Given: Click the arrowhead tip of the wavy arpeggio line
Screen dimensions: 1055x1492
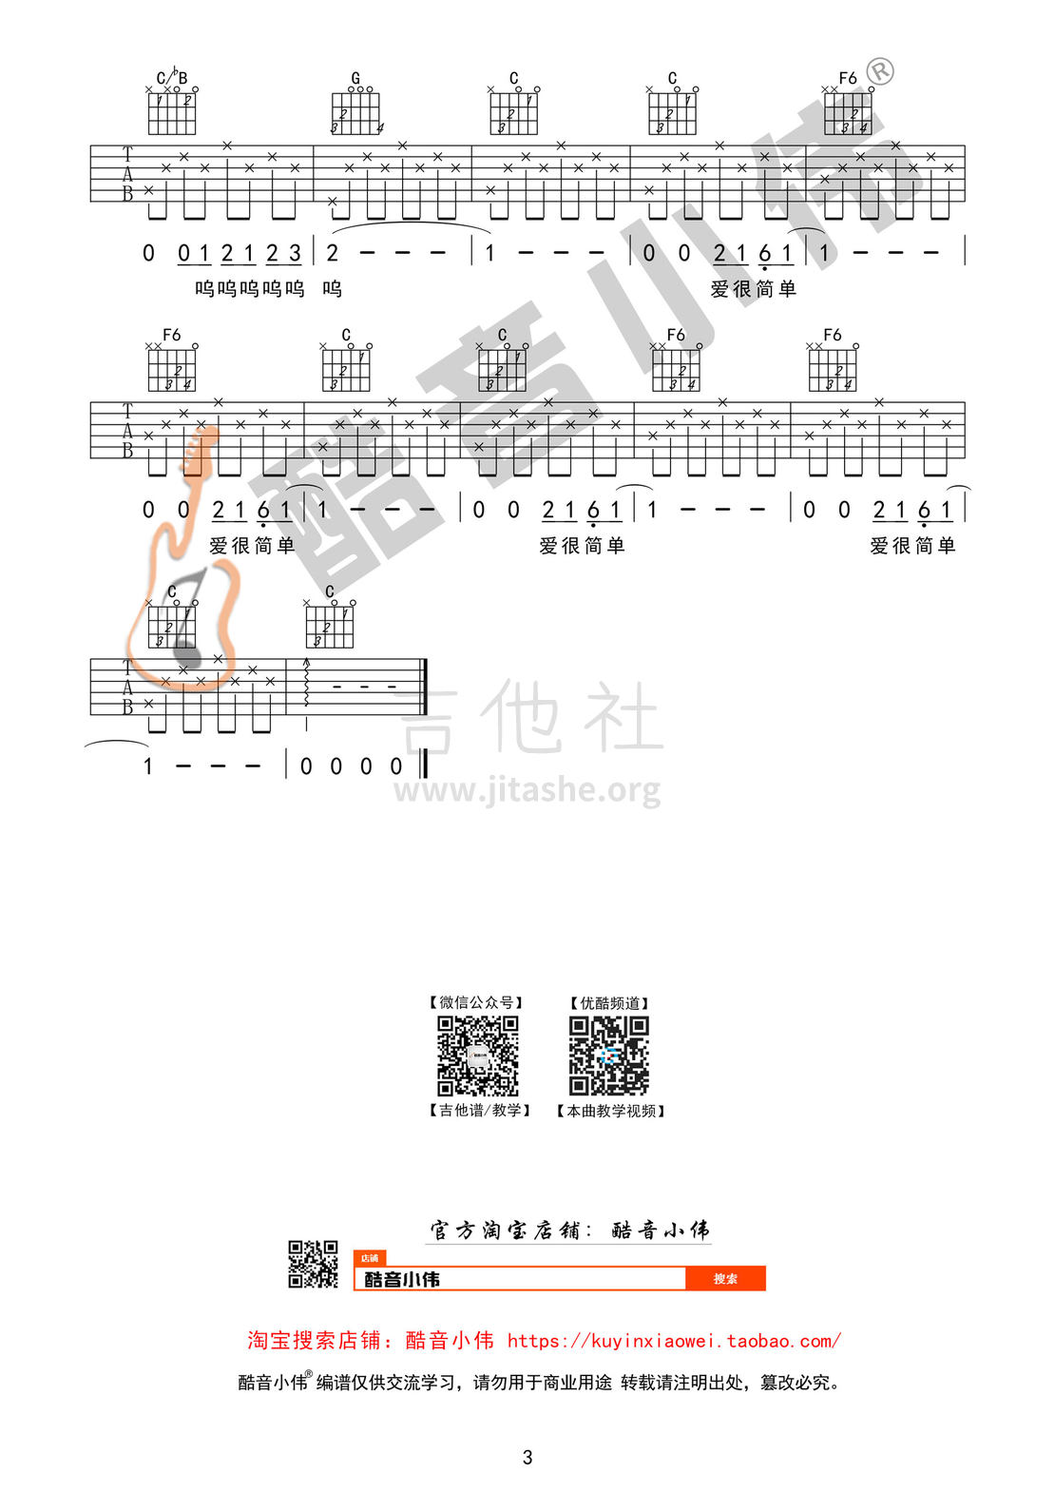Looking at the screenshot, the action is [306, 659].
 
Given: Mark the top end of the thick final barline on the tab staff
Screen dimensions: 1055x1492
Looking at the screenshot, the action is [425, 659].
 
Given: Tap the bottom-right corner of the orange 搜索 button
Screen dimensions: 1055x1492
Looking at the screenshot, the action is [765, 1290].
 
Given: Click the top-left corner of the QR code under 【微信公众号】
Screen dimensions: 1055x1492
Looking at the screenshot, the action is [437, 1016].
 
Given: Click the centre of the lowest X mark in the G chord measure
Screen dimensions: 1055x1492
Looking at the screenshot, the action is [332, 202].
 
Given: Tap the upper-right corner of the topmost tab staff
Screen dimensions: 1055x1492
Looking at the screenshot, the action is [965, 145].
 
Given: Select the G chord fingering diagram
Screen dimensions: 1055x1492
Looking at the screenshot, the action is [356, 107].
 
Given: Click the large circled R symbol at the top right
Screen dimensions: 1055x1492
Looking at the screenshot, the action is [881, 70].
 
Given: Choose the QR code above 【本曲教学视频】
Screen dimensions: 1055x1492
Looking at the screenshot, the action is [608, 1056].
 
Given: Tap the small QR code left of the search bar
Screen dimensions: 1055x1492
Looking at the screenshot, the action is [313, 1264].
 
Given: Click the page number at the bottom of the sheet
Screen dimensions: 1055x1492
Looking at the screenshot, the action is [527, 1458].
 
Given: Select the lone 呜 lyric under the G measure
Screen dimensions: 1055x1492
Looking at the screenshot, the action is [332, 288].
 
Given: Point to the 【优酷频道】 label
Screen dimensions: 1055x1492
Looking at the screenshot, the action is [609, 1002].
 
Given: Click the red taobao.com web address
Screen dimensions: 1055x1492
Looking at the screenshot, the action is [674, 1340].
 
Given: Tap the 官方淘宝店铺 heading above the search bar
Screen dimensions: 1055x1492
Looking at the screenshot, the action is [508, 1230].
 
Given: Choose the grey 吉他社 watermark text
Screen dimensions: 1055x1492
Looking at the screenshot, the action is [529, 716].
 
